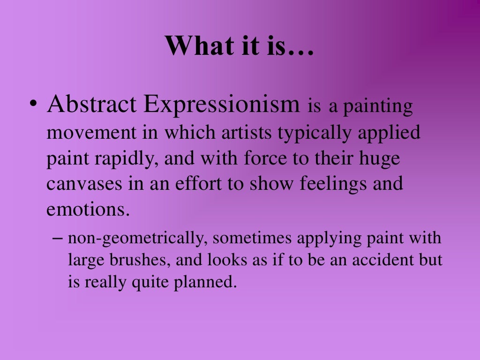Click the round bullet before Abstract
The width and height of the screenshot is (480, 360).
[x=33, y=106]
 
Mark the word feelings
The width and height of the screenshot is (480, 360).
[x=328, y=184]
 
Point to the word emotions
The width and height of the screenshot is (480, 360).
[x=87, y=209]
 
